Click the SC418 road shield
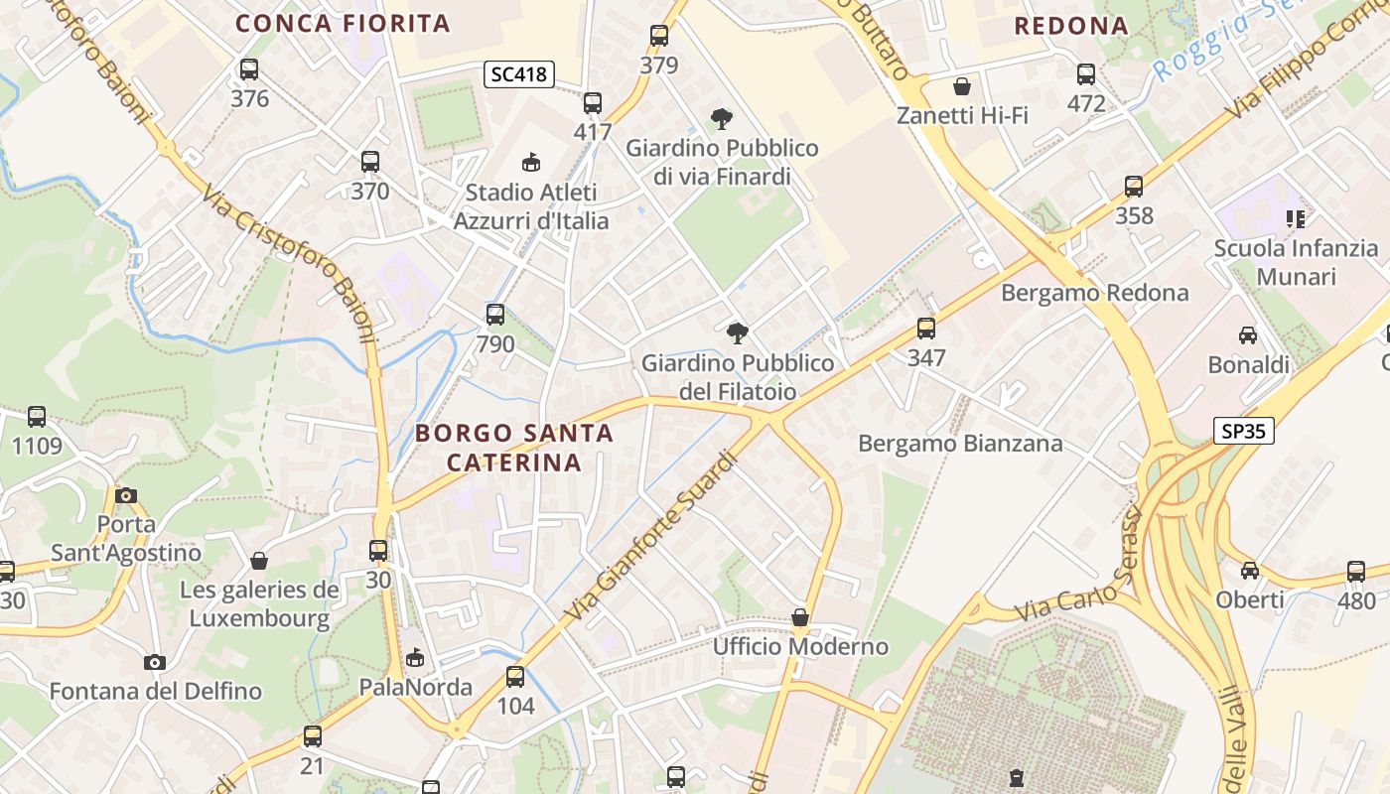click(519, 73)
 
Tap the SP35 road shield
click(1243, 430)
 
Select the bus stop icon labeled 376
click(249, 69)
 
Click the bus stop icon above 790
click(495, 315)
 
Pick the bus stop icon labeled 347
click(926, 328)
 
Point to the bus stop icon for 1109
click(37, 417)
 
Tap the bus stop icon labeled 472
click(1086, 73)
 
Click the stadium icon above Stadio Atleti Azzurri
click(531, 162)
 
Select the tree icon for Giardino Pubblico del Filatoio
click(737, 332)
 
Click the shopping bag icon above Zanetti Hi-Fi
click(961, 86)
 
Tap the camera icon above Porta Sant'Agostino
click(126, 494)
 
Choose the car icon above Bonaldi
click(1248, 335)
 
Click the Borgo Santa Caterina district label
click(513, 448)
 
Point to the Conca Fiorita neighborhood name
click(343, 23)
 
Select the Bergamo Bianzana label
click(960, 443)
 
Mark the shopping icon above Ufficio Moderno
click(800, 617)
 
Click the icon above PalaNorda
click(415, 657)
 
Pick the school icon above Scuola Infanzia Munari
click(1295, 218)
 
